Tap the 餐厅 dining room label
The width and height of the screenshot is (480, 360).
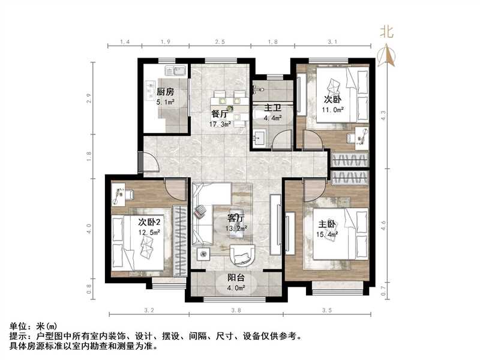[219, 113]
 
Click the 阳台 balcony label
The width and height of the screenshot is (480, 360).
[235, 277]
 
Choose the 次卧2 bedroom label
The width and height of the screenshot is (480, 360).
[140, 222]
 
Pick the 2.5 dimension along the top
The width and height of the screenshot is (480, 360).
[220, 41]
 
